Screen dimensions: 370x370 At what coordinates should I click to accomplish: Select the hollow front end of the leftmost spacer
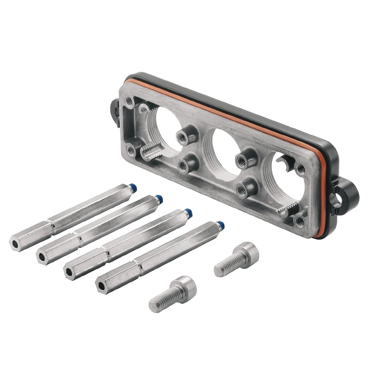click(x=16, y=242)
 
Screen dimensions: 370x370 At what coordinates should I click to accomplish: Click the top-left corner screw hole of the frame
click(x=129, y=99)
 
